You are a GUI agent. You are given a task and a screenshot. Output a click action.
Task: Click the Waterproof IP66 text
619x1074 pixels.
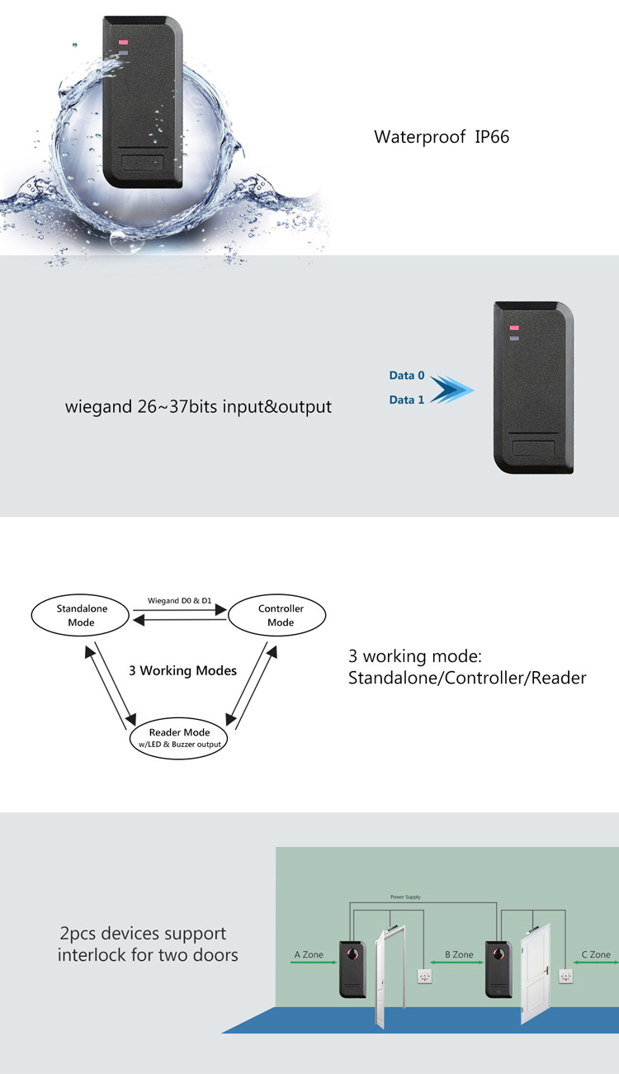pyautogui.click(x=442, y=137)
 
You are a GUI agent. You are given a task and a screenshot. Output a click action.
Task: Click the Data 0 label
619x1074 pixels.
pyautogui.click(x=407, y=376)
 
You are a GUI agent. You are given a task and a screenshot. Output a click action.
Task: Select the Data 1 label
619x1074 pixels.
pyautogui.click(x=407, y=400)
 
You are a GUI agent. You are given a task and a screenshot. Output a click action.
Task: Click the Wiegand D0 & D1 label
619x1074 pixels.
pyautogui.click(x=179, y=600)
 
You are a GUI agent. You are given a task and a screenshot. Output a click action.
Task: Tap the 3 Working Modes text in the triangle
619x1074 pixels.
pyautogui.click(x=182, y=670)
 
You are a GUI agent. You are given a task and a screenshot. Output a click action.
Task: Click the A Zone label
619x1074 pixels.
pyautogui.click(x=309, y=954)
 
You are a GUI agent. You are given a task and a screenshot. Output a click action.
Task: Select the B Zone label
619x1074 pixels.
pyautogui.click(x=459, y=954)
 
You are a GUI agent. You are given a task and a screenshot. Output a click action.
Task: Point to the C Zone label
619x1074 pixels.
pyautogui.click(x=595, y=954)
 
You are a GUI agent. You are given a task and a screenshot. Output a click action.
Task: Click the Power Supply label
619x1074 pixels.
pyautogui.click(x=404, y=897)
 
